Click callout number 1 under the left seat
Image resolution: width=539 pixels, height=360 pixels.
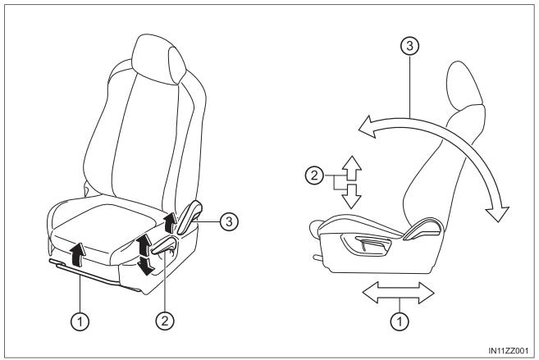(x=80, y=322)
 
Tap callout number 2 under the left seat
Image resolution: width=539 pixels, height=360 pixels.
(x=165, y=321)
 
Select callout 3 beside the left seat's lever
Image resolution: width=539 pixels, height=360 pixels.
(x=229, y=221)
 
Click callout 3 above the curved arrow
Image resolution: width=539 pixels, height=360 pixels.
(x=409, y=46)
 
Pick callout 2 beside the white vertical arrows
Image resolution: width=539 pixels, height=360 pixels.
(x=314, y=175)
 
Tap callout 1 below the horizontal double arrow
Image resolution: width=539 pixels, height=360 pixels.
(x=400, y=322)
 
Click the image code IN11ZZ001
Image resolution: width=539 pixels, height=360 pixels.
(x=509, y=351)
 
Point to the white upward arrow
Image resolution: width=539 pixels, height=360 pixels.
(x=352, y=168)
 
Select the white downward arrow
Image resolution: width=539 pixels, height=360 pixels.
(x=352, y=196)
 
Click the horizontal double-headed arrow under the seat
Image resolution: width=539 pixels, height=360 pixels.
(x=399, y=293)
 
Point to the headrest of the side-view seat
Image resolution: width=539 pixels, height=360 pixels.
(x=465, y=86)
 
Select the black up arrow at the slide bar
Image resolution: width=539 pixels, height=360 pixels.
(x=79, y=254)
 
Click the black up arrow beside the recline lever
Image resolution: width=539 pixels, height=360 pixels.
(x=169, y=223)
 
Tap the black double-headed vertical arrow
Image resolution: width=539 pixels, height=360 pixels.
(x=145, y=254)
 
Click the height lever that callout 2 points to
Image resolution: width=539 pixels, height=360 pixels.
(x=164, y=246)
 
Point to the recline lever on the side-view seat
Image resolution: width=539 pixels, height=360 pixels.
(x=423, y=230)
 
